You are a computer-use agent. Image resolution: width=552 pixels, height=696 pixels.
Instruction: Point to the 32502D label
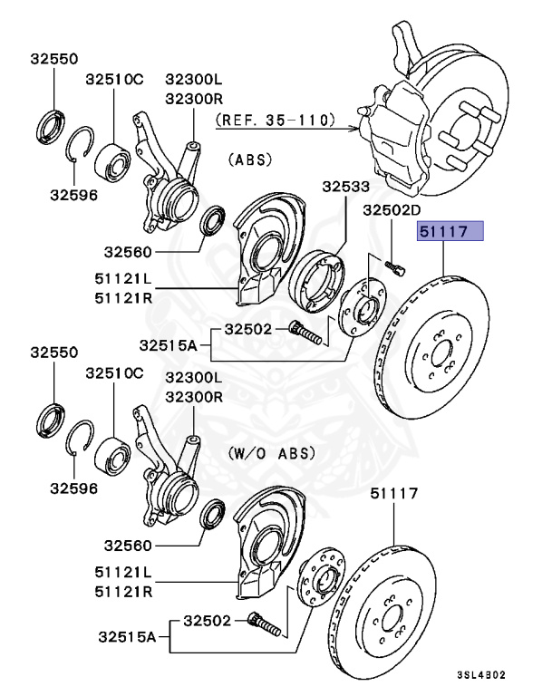pos(394,210)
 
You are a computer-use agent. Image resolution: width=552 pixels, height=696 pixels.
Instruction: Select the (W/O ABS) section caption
pos(273,452)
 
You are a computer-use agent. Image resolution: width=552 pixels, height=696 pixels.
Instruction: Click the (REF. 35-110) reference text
pos(276,119)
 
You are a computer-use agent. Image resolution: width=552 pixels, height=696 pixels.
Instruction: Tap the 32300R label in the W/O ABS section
pos(194,397)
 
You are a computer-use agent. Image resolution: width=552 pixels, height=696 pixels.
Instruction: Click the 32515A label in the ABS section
pos(170,343)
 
